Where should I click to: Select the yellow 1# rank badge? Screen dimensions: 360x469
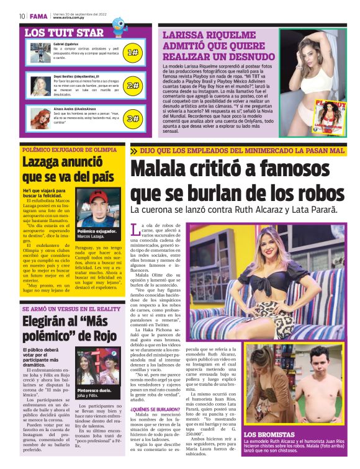click(x=132, y=53)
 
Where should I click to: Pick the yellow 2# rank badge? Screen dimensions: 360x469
click(x=132, y=86)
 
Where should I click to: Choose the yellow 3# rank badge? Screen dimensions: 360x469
click(x=132, y=118)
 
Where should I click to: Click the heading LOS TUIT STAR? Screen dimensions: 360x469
click(x=64, y=33)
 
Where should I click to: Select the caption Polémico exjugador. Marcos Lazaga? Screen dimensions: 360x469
click(x=97, y=233)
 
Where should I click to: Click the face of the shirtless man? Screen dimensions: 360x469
click(x=322, y=367)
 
